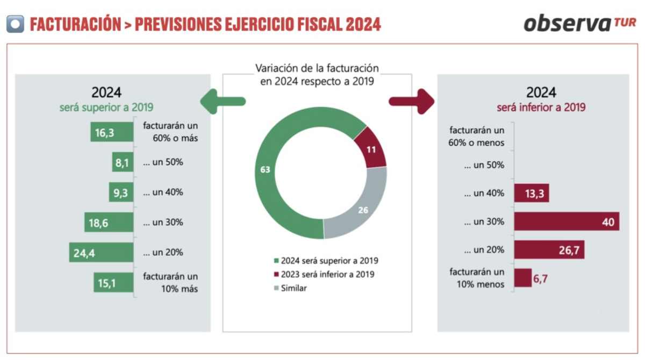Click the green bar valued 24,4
(x=101, y=253)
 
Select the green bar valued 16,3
(x=112, y=132)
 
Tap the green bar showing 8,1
(x=123, y=162)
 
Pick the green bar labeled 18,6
(x=109, y=222)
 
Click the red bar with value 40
(x=567, y=221)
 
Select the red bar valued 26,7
(x=549, y=250)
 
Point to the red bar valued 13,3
(x=532, y=193)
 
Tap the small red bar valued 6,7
(x=523, y=278)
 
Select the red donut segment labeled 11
(x=371, y=148)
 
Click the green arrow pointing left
(x=222, y=101)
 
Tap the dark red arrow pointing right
(x=412, y=101)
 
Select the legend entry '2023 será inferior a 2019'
(x=326, y=275)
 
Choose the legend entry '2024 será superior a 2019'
(x=326, y=261)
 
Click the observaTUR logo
(x=579, y=23)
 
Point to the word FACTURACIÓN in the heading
(x=75, y=24)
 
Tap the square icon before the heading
(x=15, y=24)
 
